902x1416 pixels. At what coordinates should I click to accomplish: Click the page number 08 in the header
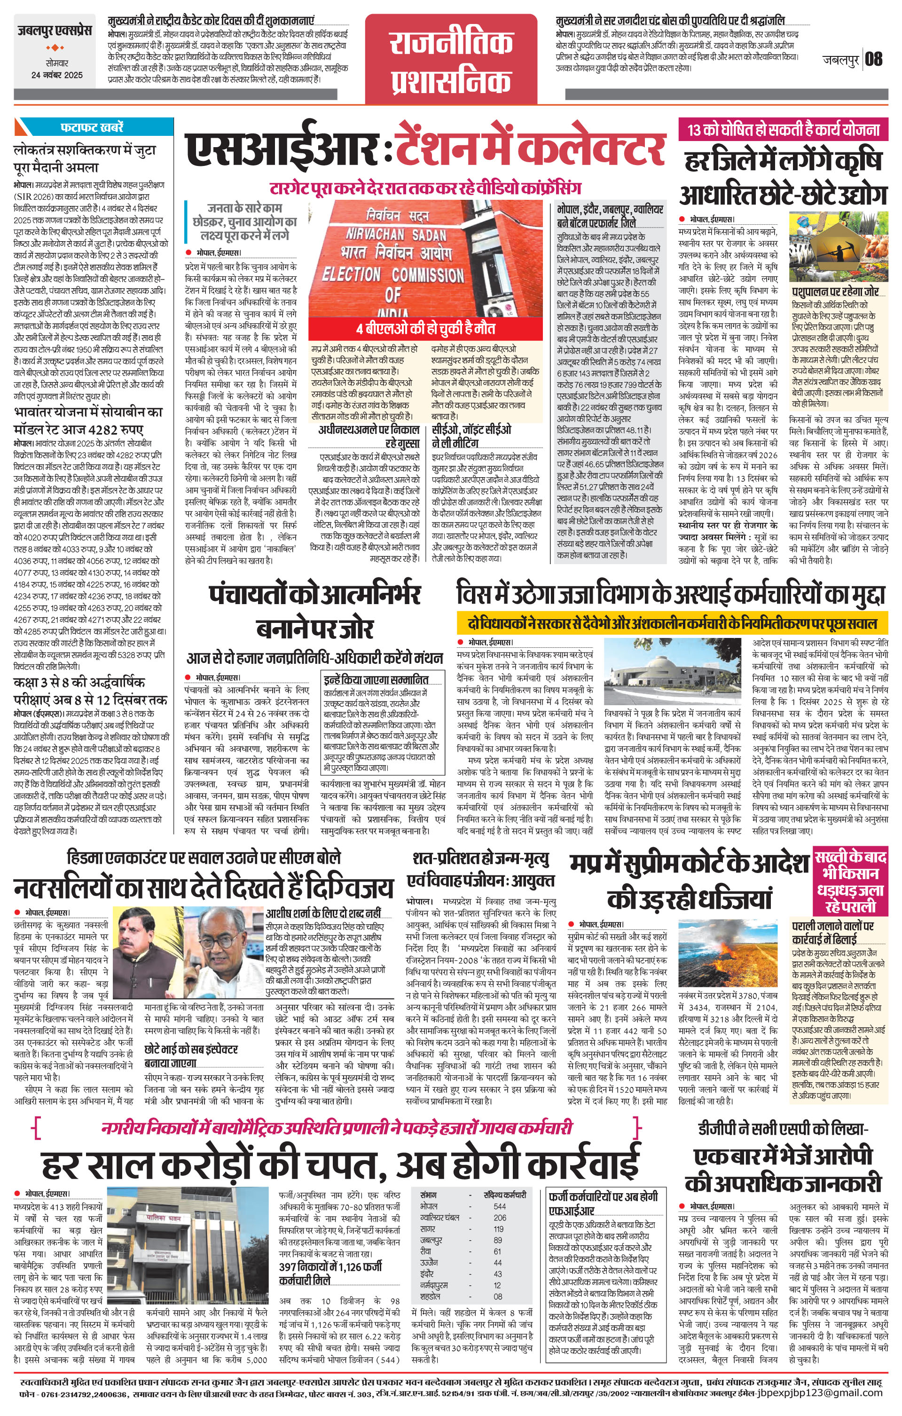874,59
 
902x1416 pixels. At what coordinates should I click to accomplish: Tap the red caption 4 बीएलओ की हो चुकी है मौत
426,329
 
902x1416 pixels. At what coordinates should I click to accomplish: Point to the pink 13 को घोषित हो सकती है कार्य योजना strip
783,129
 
